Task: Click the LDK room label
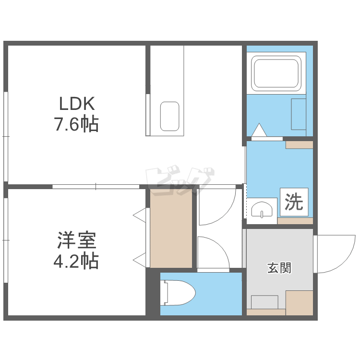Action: [x=78, y=103]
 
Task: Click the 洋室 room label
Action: [x=77, y=240]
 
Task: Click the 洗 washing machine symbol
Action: [x=294, y=202]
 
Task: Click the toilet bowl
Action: [x=179, y=293]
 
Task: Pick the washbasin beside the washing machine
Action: [x=262, y=209]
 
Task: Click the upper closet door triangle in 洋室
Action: [x=140, y=215]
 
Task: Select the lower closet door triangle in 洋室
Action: [x=140, y=261]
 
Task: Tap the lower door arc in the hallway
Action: [x=211, y=252]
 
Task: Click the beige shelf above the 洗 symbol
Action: [x=299, y=144]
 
